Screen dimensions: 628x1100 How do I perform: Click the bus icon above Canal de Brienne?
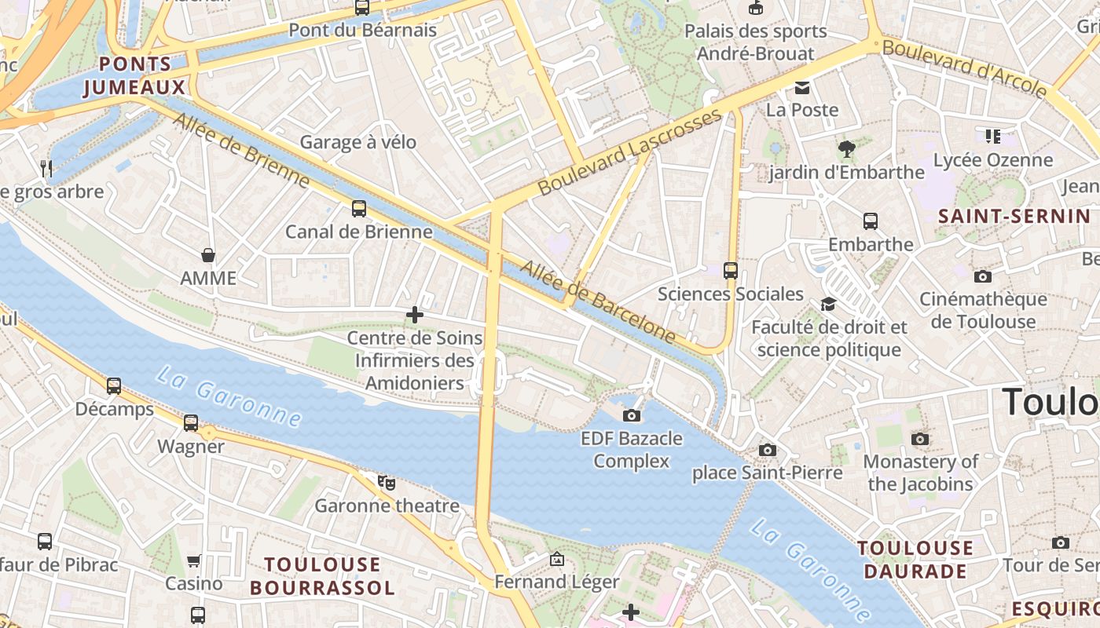pyautogui.click(x=359, y=209)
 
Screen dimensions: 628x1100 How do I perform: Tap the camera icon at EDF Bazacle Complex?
pyautogui.click(x=631, y=415)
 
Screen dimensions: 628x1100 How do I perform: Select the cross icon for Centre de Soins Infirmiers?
pyautogui.click(x=415, y=316)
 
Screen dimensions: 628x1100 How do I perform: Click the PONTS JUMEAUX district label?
pyautogui.click(x=135, y=76)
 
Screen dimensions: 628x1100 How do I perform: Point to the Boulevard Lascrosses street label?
pyautogui.click(x=629, y=154)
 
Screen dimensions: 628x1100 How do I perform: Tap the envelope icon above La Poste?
pyautogui.click(x=801, y=87)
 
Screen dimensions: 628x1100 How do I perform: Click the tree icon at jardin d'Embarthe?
pyautogui.click(x=846, y=149)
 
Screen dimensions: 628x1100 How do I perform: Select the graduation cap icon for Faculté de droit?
pyautogui.click(x=828, y=304)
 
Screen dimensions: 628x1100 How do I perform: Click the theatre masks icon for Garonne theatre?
pyautogui.click(x=386, y=482)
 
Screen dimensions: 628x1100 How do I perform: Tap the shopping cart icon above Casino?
pyautogui.click(x=194, y=560)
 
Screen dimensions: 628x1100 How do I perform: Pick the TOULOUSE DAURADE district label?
pyautogui.click(x=915, y=560)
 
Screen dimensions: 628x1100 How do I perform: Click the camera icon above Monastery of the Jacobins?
pyautogui.click(x=920, y=439)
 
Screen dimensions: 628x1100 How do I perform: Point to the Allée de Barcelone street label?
pyautogui.click(x=598, y=301)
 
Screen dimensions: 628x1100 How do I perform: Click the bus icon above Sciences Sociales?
pyautogui.click(x=731, y=271)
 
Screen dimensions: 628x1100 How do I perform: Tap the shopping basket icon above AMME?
pyautogui.click(x=208, y=255)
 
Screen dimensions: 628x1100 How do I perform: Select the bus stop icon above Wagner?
pyautogui.click(x=191, y=423)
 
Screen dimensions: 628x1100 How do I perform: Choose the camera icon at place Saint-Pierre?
pyautogui.click(x=768, y=450)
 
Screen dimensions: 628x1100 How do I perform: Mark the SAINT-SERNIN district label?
pyautogui.click(x=1014, y=216)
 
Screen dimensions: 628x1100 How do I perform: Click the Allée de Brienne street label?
pyautogui.click(x=242, y=151)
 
